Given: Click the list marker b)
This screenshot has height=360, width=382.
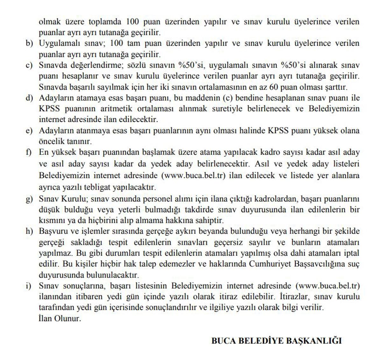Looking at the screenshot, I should (29, 43).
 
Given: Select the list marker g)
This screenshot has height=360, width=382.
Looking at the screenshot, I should (29, 199).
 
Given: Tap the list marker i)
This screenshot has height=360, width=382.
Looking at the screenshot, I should (29, 285).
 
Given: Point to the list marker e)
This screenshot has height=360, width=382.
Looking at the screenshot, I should (29, 131).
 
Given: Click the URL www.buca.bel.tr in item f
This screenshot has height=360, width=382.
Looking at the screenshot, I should (194, 176).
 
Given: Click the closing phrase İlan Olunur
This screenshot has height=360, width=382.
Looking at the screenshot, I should (60, 318).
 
